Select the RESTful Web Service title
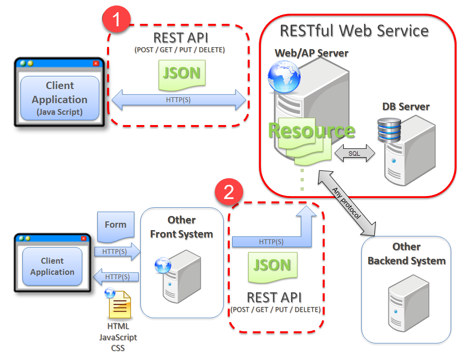coord(354,31)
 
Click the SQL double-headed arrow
coord(354,153)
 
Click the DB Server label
coord(406,107)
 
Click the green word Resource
coord(312,130)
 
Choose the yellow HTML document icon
coord(119,305)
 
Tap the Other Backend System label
coord(406,253)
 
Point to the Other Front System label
coord(182,227)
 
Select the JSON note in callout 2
coord(272,266)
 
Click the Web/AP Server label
coord(312,53)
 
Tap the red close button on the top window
coord(96,63)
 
